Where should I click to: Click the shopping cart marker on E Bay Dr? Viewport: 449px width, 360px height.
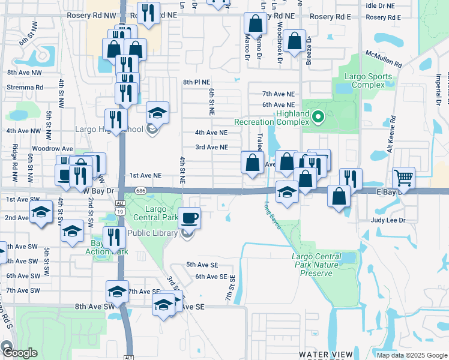point(403,178)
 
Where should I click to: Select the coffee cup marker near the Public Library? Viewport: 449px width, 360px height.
point(190,218)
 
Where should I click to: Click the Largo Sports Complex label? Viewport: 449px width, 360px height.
point(369,80)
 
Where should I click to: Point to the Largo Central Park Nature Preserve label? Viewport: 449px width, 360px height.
point(316,265)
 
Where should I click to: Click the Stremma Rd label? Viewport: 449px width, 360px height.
point(25,87)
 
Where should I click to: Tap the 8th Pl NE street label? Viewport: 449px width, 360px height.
point(197,82)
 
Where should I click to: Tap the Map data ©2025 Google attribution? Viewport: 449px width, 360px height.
point(411,355)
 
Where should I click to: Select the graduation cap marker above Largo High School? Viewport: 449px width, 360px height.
point(157,112)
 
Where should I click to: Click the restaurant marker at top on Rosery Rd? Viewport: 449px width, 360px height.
point(147,13)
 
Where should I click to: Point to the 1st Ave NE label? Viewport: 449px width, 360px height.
point(146,175)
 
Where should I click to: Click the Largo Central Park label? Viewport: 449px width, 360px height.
point(156,213)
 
